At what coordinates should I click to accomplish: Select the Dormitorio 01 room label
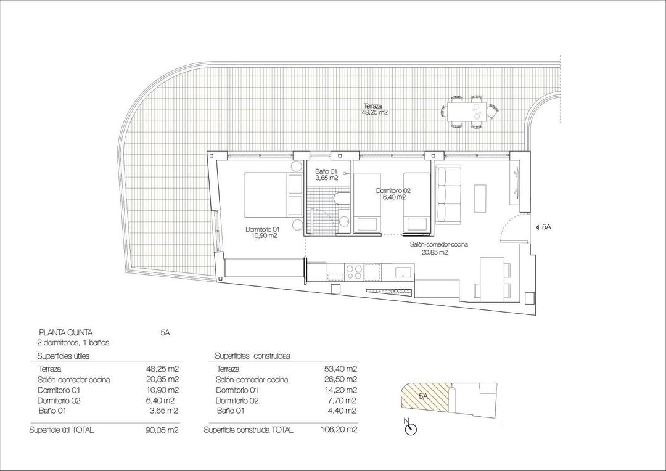[261, 232]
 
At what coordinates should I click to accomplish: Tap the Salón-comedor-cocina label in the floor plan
[439, 248]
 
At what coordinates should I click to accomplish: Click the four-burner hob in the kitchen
[354, 271]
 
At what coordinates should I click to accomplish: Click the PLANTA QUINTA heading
[66, 332]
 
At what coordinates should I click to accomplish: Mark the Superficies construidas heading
[252, 356]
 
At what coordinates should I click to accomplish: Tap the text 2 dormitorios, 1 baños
[73, 342]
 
